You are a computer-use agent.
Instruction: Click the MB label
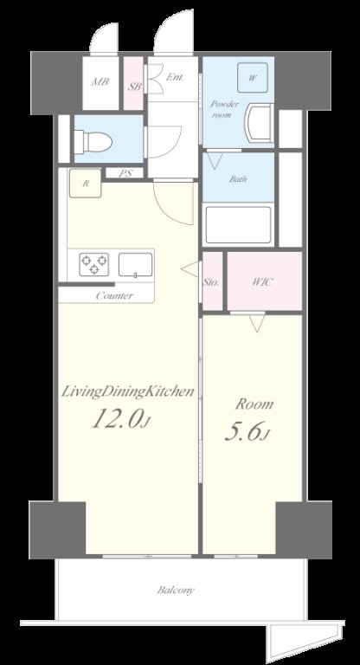pos(100,81)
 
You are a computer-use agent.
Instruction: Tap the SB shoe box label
pos(135,87)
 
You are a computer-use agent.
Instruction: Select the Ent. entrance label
pos(175,77)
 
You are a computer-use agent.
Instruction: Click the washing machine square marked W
pos(253,78)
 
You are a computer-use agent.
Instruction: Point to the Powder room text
pos(225,109)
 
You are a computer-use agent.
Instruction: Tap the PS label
pos(125,173)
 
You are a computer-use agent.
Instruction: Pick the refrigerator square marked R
pos(85,184)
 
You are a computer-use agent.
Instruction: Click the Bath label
pos(238,179)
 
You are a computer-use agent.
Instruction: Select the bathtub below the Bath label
pos(237,225)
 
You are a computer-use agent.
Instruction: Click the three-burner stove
pos(93,264)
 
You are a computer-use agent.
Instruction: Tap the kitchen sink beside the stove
pos(135,265)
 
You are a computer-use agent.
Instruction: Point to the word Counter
pos(114,295)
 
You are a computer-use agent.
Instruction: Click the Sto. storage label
pos(211,282)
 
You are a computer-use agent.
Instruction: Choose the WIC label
pos(263,282)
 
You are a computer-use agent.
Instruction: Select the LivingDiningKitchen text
pos(127,392)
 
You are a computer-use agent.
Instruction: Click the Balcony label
pos(176,590)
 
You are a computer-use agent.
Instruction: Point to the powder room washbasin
pos(259,124)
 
